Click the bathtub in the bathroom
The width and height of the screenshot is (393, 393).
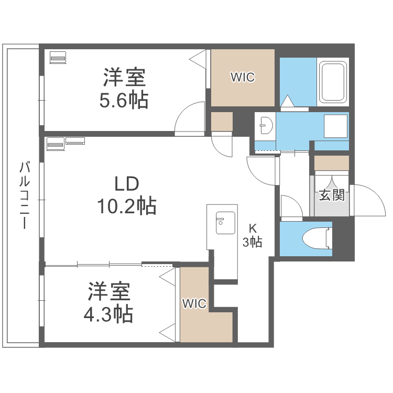333,82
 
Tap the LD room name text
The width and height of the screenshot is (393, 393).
126,184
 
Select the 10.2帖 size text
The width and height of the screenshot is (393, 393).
126,206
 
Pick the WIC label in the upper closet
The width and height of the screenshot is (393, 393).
243,78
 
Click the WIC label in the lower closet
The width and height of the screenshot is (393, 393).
194,303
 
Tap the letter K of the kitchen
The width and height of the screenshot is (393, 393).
253,229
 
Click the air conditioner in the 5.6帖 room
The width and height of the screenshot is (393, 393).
58,57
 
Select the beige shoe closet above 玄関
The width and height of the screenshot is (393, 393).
331,162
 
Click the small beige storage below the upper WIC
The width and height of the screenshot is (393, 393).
221,122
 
